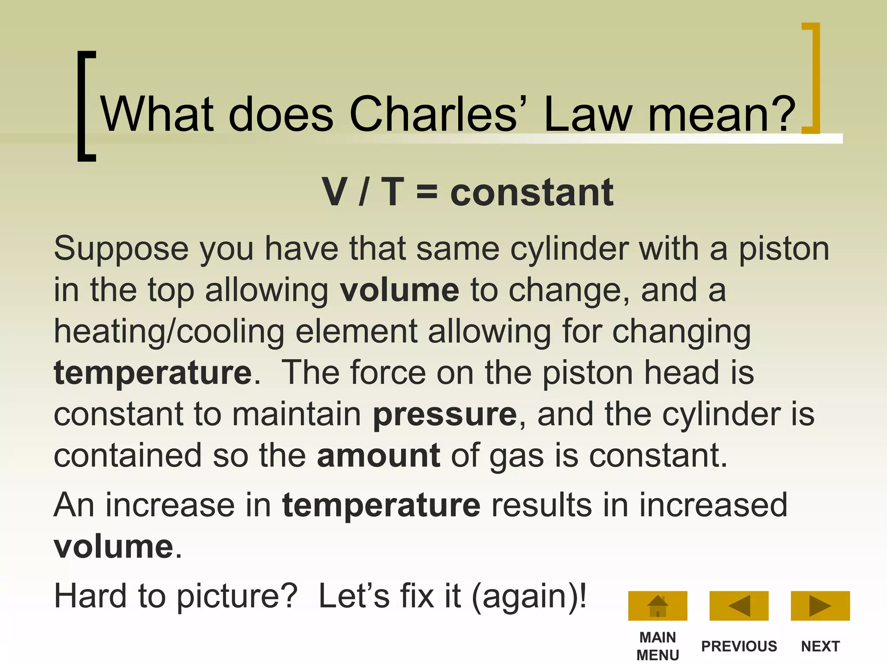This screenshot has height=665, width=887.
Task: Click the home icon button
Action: (x=657, y=605)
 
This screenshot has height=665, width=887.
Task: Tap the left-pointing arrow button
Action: (x=739, y=605)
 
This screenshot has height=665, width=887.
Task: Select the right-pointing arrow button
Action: (x=820, y=605)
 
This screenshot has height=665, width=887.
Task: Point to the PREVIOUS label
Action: (x=739, y=646)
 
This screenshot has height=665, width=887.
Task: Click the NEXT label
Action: (x=820, y=646)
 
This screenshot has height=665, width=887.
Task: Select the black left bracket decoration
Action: (x=86, y=106)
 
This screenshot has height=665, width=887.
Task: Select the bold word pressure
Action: (x=445, y=415)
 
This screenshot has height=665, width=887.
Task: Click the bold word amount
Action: (x=379, y=455)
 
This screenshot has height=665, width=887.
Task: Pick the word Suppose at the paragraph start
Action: (x=121, y=249)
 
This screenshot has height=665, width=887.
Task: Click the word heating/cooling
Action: (x=169, y=332)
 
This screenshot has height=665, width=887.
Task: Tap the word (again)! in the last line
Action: (x=529, y=597)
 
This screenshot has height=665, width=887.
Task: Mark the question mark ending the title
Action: (x=784, y=113)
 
